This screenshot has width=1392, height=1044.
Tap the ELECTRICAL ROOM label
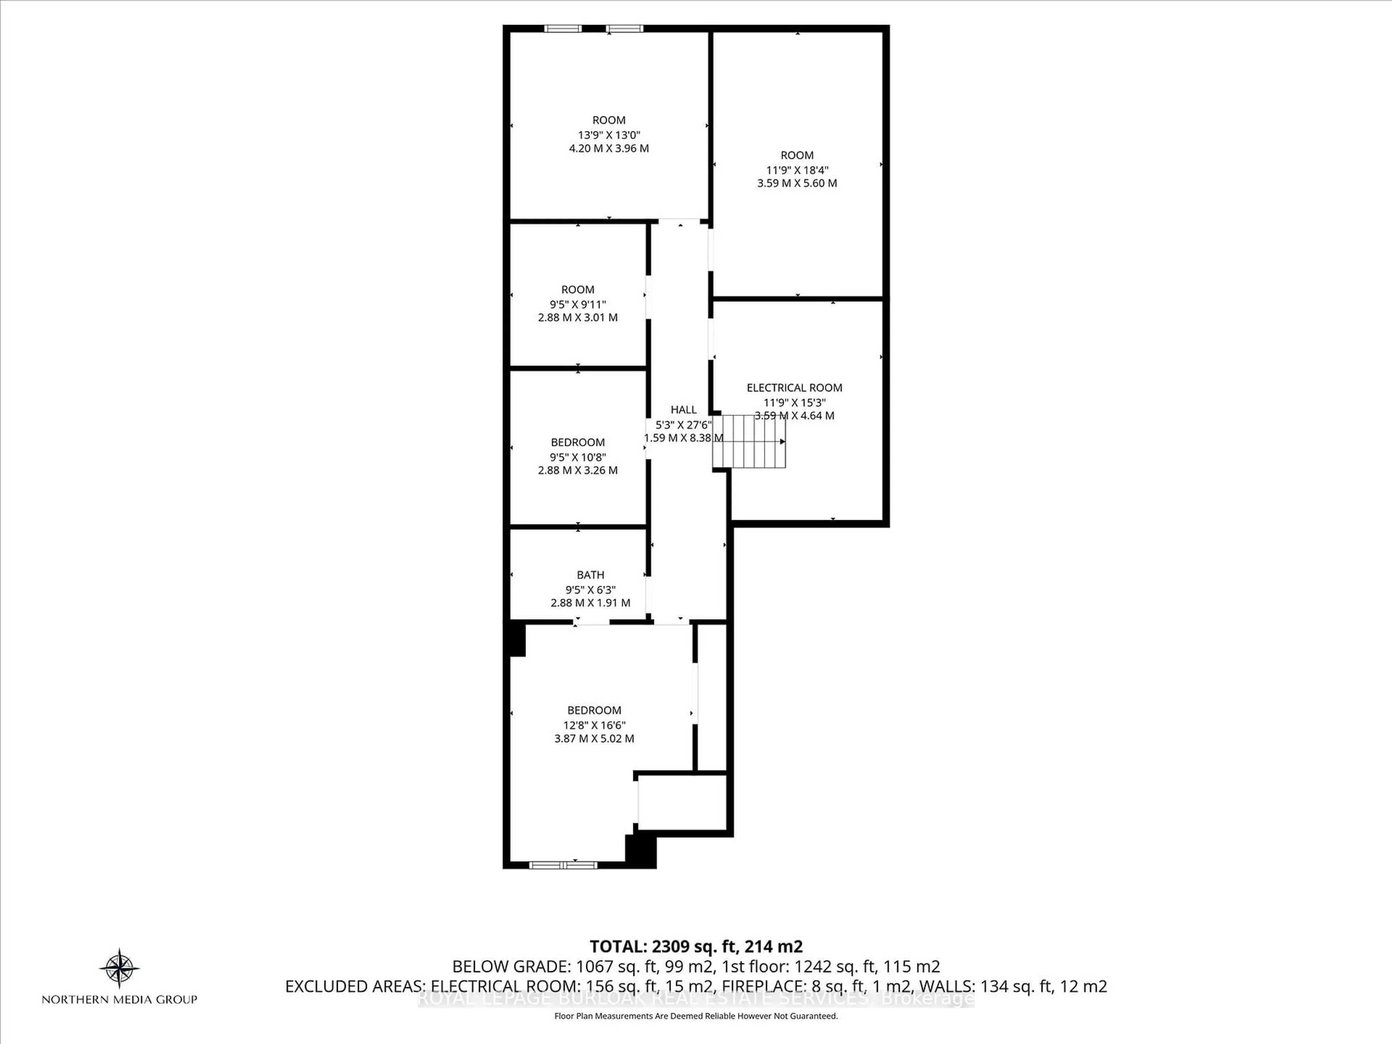pos(794,388)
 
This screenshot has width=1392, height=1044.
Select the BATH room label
pos(590,575)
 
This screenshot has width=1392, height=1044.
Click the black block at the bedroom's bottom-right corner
pos(641,851)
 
